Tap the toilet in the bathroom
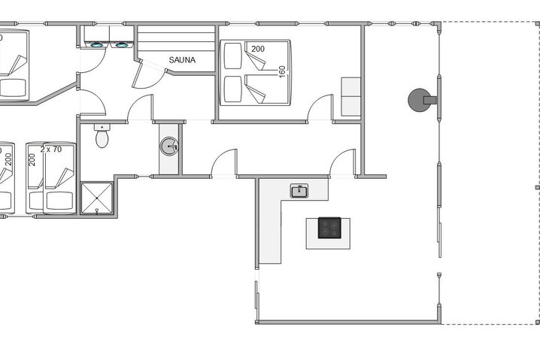(102, 138)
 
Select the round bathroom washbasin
(168, 146)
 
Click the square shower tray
(96, 197)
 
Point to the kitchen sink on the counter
(299, 191)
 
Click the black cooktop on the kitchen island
(329, 228)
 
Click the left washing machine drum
(97, 44)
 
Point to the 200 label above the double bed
(258, 49)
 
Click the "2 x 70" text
(50, 149)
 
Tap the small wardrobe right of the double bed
(350, 96)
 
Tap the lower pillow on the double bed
(232, 90)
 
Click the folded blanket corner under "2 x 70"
(62, 177)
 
